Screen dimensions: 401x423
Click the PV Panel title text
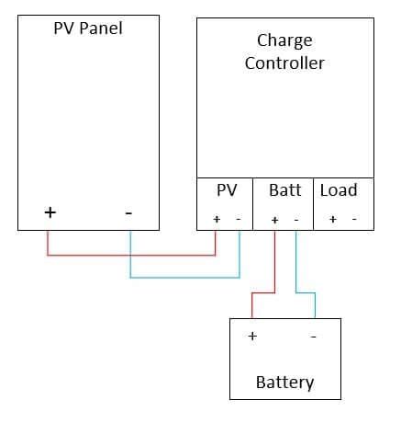point(88,29)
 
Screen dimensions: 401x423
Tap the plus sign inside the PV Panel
point(50,212)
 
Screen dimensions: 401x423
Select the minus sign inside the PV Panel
point(128,213)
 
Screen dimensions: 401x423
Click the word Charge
point(284,40)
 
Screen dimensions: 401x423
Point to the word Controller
point(284,63)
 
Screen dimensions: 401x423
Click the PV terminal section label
point(227,190)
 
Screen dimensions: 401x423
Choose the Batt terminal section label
point(285,190)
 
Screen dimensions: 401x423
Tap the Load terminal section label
point(339,190)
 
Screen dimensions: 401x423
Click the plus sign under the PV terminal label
point(217,219)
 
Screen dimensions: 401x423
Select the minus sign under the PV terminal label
point(239,219)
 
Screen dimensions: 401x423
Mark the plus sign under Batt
point(274,220)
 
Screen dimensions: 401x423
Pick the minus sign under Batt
point(296,220)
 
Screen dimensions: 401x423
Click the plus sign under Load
point(333,219)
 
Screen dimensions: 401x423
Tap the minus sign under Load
point(354,219)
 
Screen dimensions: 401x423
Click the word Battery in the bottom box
point(284,383)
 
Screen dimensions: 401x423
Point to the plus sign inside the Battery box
point(252,337)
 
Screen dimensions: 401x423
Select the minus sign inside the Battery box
point(313,337)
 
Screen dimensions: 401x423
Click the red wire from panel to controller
point(131,255)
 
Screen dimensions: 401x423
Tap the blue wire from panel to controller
point(184,278)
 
